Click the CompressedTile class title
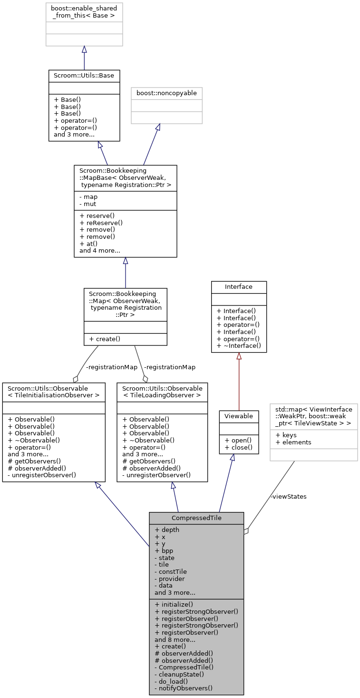coord(196,518)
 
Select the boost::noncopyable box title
coord(166,93)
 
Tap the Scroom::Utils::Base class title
coord(84,76)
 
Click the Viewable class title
coord(238,416)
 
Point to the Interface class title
coord(239,286)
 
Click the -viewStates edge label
coord(288,496)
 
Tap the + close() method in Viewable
coord(237,447)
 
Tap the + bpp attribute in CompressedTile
coord(164,551)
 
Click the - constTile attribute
coord(171,571)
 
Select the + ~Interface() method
coord(239,346)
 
